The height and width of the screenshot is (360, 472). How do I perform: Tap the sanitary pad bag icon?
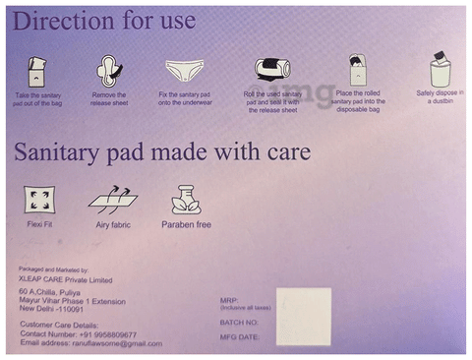37,70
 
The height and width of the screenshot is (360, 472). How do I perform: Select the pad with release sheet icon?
108,69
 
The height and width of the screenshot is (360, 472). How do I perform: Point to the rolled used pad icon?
269,69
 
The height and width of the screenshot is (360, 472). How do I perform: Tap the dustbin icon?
440,69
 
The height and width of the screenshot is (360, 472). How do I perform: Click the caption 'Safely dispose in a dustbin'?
440,97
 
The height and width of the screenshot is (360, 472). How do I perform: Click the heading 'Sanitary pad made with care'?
162,153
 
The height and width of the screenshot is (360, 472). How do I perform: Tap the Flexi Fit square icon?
39,200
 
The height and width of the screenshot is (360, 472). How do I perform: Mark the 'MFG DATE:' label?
240,337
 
